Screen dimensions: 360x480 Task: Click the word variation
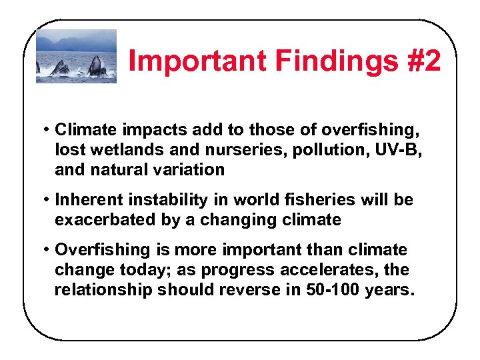pos(189,169)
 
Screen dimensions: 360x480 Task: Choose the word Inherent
pos(89,200)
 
